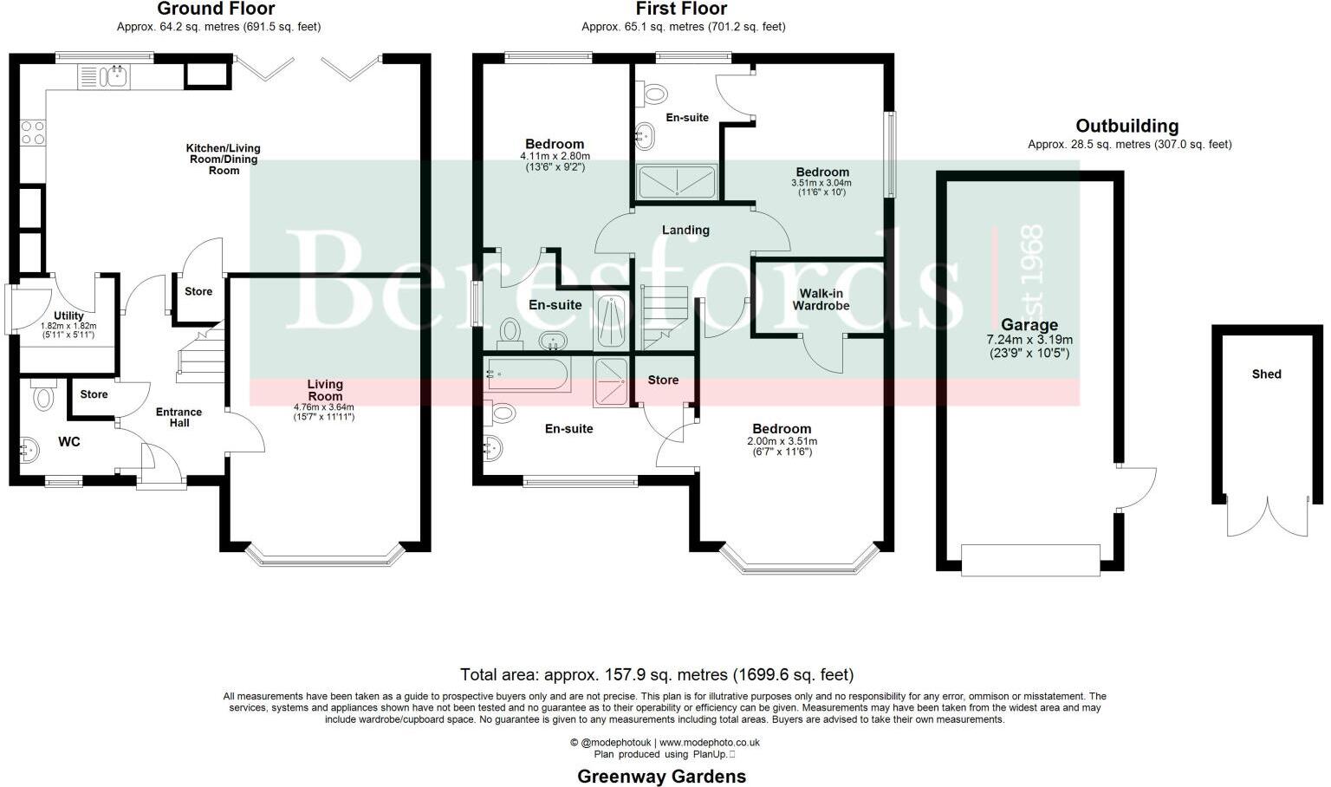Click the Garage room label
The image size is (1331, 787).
click(x=1029, y=324)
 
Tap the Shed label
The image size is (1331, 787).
click(x=1266, y=374)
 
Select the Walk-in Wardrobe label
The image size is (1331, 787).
click(x=821, y=300)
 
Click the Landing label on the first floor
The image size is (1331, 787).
click(x=685, y=230)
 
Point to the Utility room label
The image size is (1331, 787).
click(x=68, y=315)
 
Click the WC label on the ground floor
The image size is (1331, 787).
click(x=69, y=442)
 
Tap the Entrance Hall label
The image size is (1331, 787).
click(x=179, y=417)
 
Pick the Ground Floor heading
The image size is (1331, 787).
click(x=216, y=9)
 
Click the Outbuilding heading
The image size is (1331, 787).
click(x=1127, y=126)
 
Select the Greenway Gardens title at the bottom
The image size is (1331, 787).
click(x=661, y=777)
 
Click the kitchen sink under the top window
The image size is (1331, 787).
click(x=114, y=76)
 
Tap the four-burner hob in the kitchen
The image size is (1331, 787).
click(x=33, y=133)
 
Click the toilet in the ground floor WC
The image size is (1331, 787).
click(x=42, y=394)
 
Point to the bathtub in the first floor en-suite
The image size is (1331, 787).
click(x=527, y=374)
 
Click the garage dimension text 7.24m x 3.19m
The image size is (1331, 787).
click(x=1029, y=340)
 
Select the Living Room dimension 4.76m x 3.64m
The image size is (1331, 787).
click(x=324, y=407)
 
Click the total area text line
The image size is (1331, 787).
click(x=657, y=674)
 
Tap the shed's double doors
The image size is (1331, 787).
click(x=1268, y=516)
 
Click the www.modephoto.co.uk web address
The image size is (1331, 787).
click(x=710, y=743)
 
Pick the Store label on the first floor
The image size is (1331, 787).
click(x=663, y=380)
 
